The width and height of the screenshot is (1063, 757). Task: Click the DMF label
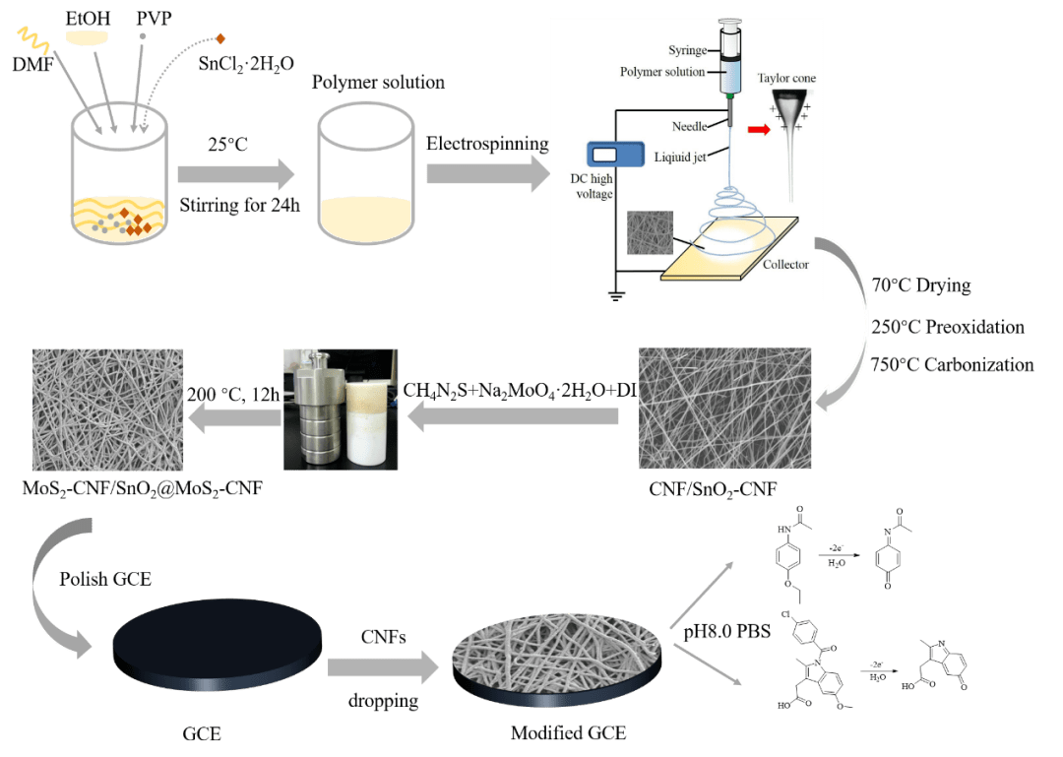click(33, 65)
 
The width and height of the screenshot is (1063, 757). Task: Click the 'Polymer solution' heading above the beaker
click(378, 83)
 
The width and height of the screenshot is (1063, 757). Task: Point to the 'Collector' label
click(785, 264)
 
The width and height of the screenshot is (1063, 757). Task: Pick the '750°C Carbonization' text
click(952, 365)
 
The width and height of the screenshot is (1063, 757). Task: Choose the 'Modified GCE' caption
click(568, 733)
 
